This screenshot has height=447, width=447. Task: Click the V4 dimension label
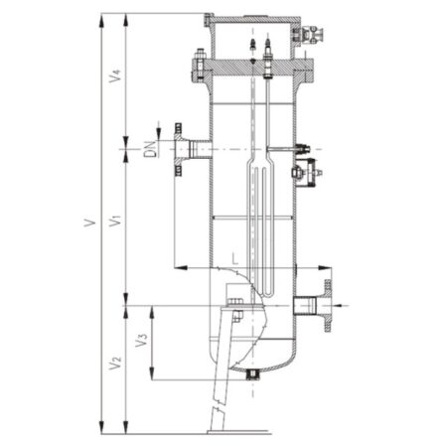click(115, 75)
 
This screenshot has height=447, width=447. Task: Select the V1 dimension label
click(115, 221)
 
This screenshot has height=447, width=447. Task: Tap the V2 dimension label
click(115, 364)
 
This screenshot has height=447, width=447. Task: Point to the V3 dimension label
click(141, 340)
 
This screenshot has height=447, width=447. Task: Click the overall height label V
click(89, 223)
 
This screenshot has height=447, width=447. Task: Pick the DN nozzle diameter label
click(150, 149)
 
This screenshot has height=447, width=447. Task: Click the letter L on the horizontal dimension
click(234, 258)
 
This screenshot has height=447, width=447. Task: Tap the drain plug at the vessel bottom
click(252, 374)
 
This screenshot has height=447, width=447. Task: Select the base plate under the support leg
click(239, 432)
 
